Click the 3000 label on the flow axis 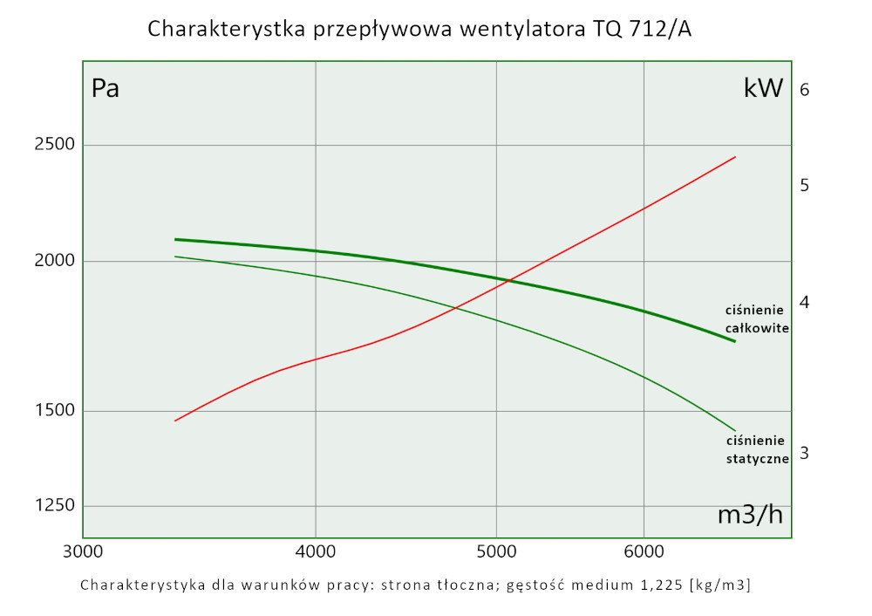[x=83, y=551]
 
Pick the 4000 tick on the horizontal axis [x=315, y=551]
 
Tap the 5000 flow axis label [x=496, y=551]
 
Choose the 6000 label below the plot [x=644, y=551]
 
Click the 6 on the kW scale [x=805, y=90]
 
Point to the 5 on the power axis [x=805, y=185]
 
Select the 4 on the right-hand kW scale [x=805, y=302]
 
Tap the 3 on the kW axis [x=805, y=453]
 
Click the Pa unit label [x=106, y=89]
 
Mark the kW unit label [x=763, y=88]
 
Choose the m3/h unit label [x=749, y=515]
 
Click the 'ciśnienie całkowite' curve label [x=757, y=319]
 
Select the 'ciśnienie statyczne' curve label [x=757, y=449]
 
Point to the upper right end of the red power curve [x=736, y=157]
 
